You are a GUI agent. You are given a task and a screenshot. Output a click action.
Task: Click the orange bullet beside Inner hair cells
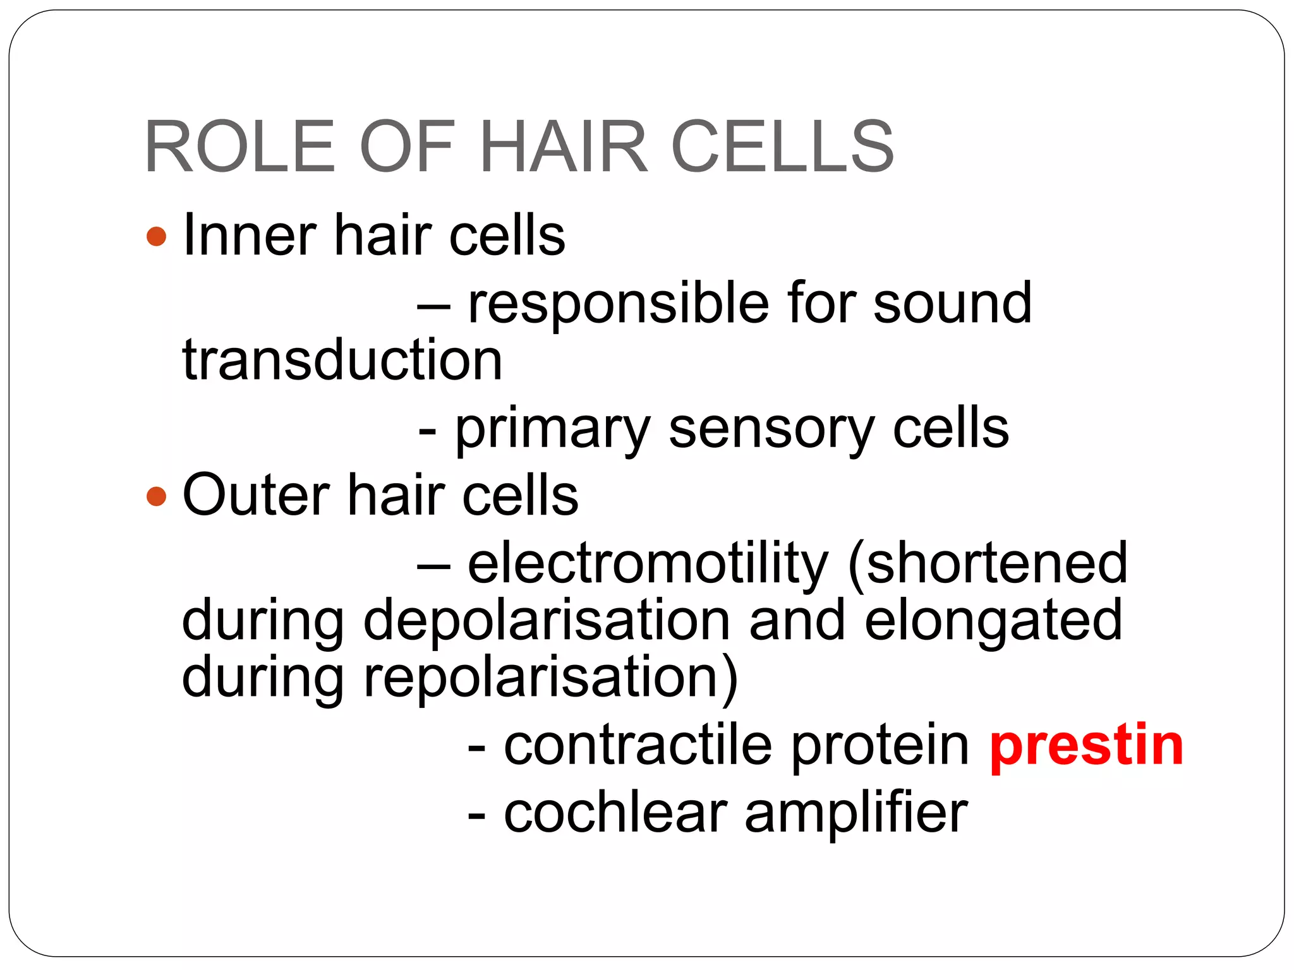(x=156, y=237)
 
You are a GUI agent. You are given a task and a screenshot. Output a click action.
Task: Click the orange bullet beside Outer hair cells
(x=156, y=496)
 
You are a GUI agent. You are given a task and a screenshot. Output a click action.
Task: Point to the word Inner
(x=249, y=235)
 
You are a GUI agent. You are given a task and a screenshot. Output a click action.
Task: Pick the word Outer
(x=255, y=494)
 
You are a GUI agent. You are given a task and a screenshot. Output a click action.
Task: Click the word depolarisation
(x=547, y=621)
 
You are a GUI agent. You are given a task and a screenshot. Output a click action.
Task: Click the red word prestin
(x=1086, y=746)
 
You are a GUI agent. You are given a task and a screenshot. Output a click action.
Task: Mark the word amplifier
(x=856, y=815)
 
